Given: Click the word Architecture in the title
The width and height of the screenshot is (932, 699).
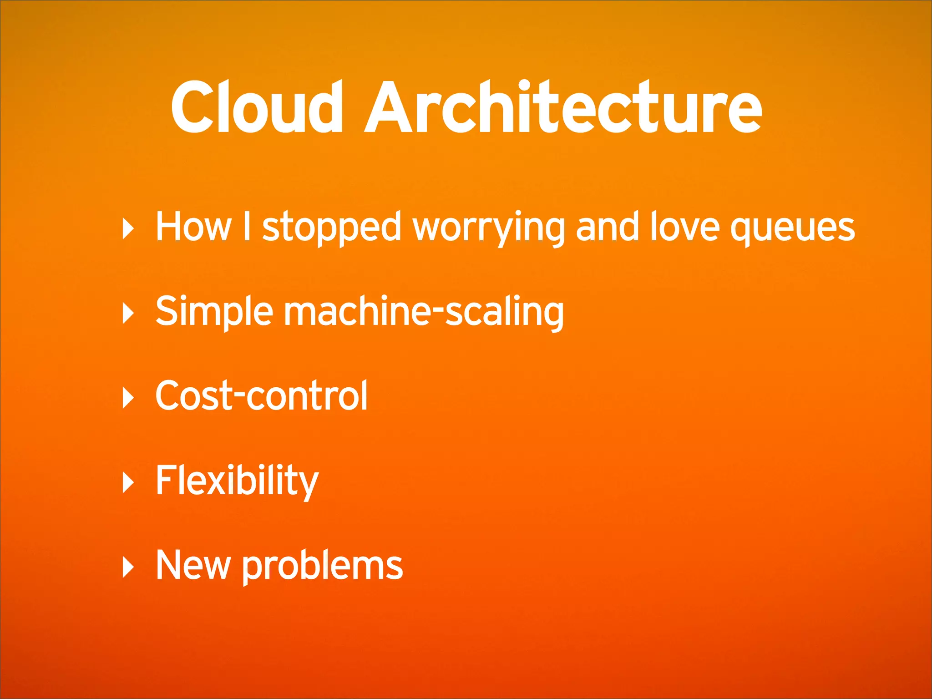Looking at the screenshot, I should point(563,108).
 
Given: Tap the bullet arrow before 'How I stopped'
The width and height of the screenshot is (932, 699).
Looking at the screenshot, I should point(128,229).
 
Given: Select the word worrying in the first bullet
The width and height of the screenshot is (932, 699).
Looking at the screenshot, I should point(489,227).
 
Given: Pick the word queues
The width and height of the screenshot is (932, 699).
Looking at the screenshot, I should point(792,227).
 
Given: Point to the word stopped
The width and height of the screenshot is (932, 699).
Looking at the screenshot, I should point(331,227).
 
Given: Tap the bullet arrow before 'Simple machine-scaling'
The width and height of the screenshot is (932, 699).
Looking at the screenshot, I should point(128,314).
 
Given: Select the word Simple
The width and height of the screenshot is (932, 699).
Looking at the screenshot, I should point(214,312).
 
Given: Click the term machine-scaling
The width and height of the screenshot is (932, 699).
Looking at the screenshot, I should point(424,312).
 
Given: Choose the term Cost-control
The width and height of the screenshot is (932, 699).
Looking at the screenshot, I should point(261,396).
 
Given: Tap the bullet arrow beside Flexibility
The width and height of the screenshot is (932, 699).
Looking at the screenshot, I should point(128,483).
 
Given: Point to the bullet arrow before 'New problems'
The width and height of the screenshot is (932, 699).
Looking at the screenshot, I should point(128,567).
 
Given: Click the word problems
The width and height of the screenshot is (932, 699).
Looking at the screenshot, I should point(322,567).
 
